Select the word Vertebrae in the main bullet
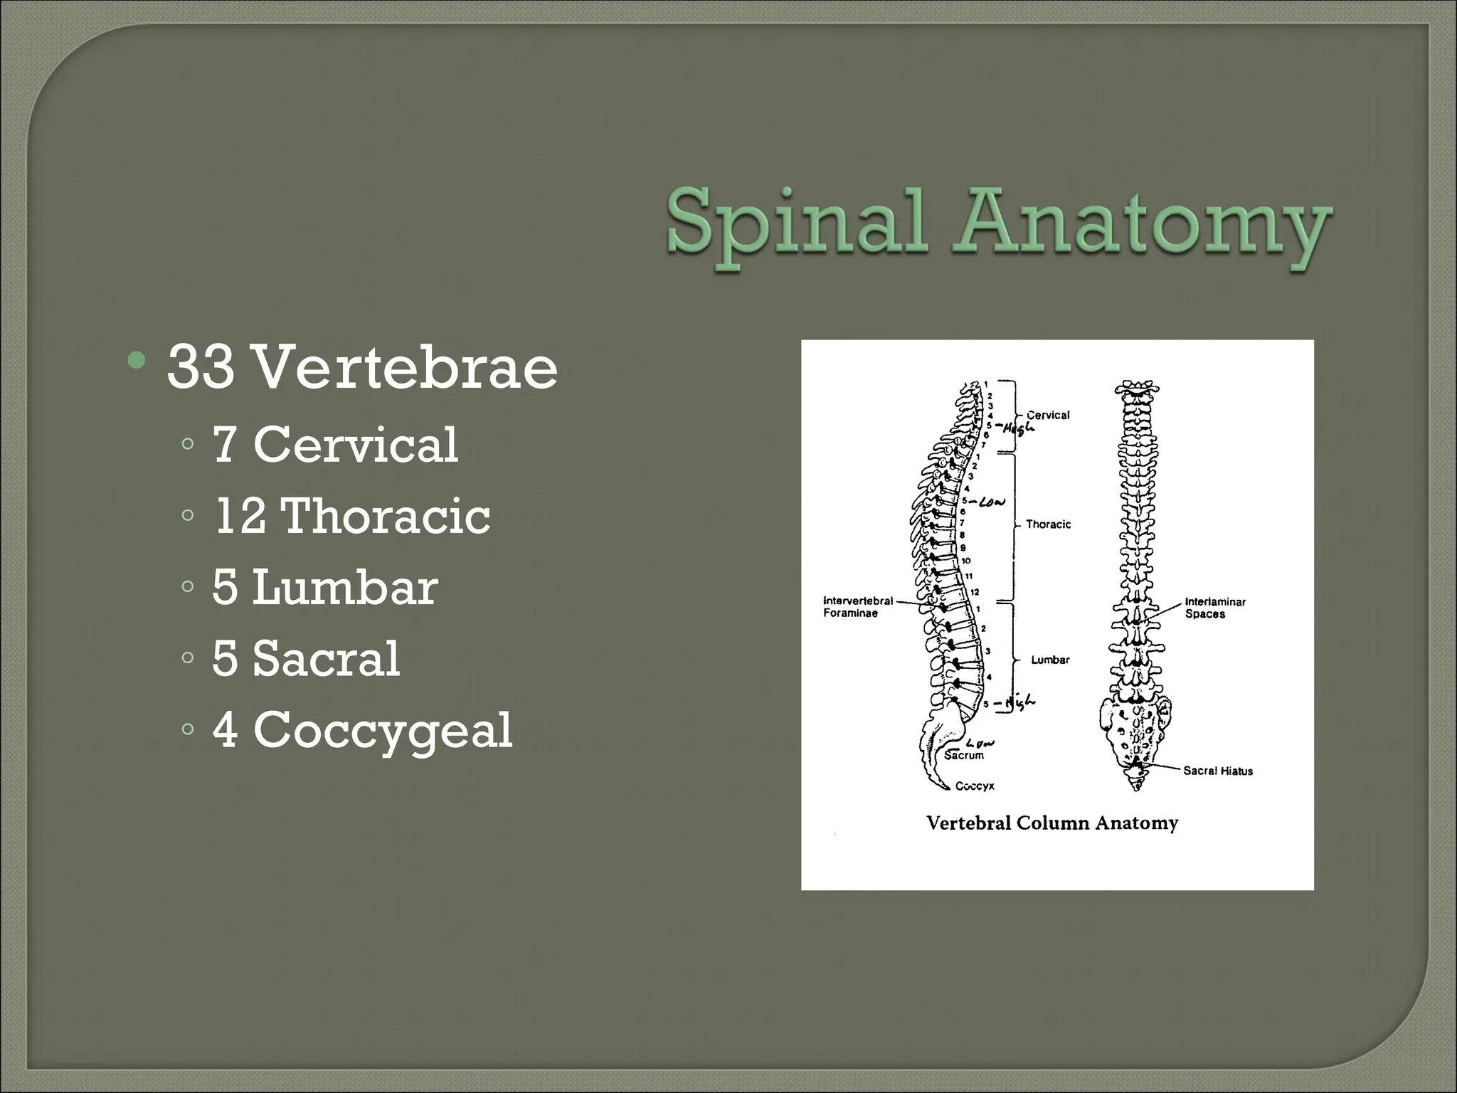coord(405,367)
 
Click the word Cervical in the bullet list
coord(356,445)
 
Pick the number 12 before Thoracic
coord(240,516)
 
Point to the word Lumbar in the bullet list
coord(345,588)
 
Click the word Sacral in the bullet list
coord(327,659)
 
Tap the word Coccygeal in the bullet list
coord(383,730)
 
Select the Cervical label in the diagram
coord(1048,415)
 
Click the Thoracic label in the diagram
coord(1048,524)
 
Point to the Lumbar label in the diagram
coord(1050,660)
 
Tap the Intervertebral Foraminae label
coord(857,607)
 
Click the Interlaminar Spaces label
coord(1214,608)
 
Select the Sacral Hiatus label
coord(1217,771)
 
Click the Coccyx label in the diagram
coord(974,786)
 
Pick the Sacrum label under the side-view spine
coord(964,756)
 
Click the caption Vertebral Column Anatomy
coord(1052,823)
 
